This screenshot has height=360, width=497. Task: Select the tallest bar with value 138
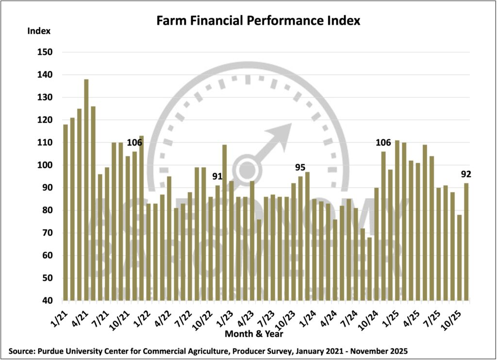tap(86, 189)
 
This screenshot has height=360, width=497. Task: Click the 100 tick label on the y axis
tap(44, 165)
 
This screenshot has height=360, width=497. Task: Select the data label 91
tap(217, 177)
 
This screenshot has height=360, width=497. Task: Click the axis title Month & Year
tap(254, 334)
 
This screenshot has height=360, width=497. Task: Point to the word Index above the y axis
tap(39, 31)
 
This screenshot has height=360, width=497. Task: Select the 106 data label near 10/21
tap(134, 143)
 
